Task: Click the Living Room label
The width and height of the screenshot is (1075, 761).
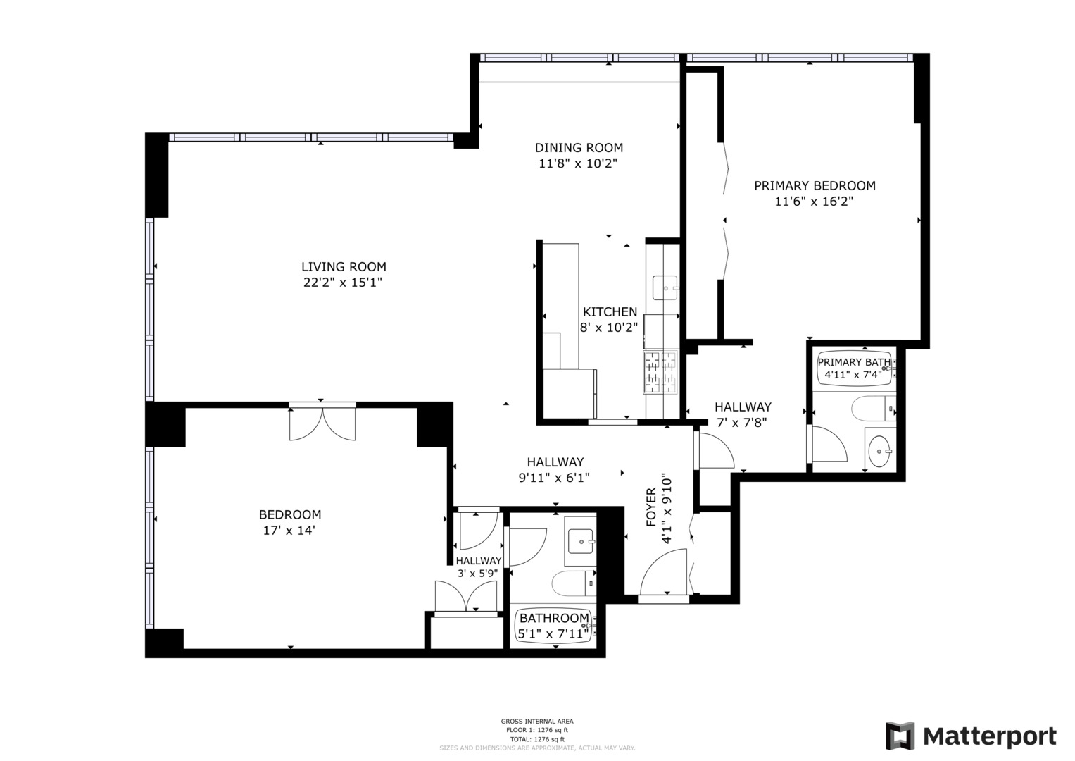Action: point(344,267)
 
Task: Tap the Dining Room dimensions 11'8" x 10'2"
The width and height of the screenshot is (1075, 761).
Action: point(578,163)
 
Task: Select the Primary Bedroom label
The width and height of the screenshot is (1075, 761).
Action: point(815,186)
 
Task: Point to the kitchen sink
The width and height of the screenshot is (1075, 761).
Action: point(665,287)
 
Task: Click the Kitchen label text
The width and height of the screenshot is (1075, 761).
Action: point(610,311)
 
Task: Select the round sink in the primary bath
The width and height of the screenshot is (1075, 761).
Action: point(879,450)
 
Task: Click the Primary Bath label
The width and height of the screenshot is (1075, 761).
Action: point(853,362)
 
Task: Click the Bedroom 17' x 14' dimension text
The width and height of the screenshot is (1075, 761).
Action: point(289,531)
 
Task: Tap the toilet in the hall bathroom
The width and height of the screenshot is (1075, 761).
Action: point(573,583)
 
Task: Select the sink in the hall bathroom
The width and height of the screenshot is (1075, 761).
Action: point(581,542)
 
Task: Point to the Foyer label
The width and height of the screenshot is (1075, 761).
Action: point(650,507)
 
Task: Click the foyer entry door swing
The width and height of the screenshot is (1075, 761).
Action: point(664,572)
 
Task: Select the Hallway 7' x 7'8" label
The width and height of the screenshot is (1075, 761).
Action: point(742,414)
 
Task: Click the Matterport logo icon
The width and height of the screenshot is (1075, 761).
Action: point(900,736)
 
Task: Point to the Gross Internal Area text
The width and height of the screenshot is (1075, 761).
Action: point(537,721)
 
